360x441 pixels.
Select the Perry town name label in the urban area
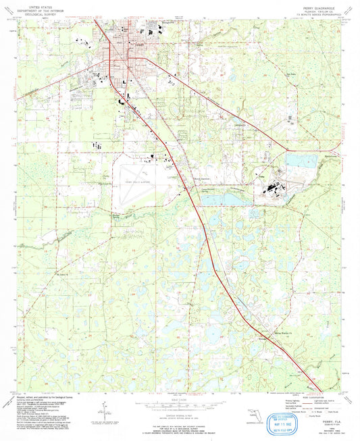[138, 45]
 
